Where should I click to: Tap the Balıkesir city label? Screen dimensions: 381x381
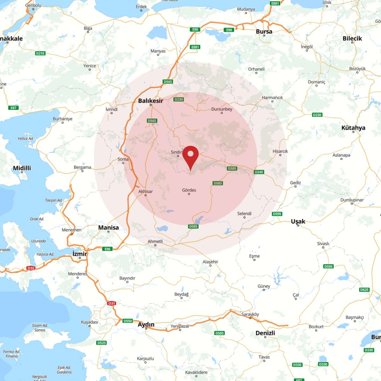(150, 101)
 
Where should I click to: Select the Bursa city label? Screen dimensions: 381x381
(264, 31)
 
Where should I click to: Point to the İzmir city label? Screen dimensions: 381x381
(80, 254)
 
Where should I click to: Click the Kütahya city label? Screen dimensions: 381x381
(353, 128)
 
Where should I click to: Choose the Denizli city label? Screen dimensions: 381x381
(265, 333)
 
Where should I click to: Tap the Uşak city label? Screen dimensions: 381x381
(298, 221)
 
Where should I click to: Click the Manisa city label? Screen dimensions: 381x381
(108, 227)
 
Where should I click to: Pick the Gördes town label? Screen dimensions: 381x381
(189, 190)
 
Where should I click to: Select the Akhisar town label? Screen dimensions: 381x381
(145, 191)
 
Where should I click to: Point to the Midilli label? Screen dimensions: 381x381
(22, 168)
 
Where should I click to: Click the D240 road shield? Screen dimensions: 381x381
(259, 172)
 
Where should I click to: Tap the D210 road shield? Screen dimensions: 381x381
(40, 53)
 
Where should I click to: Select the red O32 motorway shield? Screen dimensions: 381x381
(30, 268)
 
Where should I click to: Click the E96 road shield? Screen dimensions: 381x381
(108, 249)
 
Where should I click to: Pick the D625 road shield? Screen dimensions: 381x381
(364, 290)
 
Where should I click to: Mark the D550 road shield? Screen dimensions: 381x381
(127, 321)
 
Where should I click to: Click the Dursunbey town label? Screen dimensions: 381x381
(222, 109)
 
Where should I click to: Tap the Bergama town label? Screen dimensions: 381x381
(82, 167)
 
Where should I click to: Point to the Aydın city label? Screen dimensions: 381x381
(146, 324)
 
